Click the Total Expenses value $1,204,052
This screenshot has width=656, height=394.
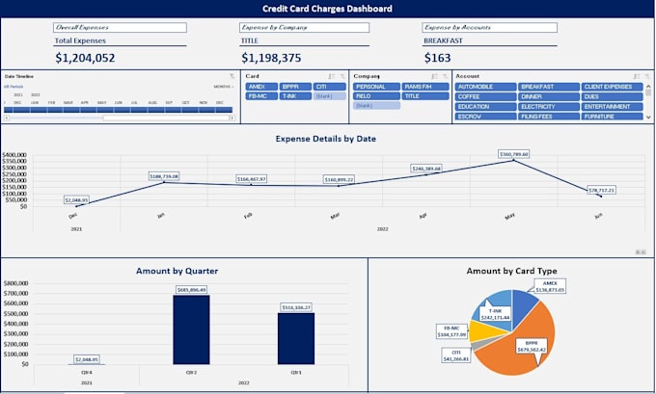click(x=85, y=58)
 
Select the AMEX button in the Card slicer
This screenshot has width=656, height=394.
click(x=257, y=87)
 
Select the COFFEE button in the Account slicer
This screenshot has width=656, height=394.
click(x=484, y=96)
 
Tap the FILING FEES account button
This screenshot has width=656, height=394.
click(x=548, y=116)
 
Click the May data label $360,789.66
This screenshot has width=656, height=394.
click(x=513, y=153)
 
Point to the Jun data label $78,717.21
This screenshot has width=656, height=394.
click(x=600, y=190)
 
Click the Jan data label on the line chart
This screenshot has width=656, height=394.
click(x=165, y=176)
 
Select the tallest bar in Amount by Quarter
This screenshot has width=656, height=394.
click(x=190, y=329)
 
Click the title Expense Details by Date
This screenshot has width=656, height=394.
click(x=325, y=139)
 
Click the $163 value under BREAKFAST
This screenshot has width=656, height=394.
click(x=437, y=58)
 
